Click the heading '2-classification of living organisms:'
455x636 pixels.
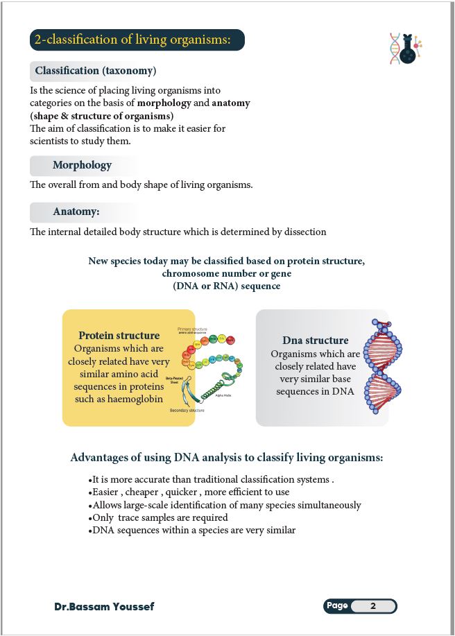click(137, 40)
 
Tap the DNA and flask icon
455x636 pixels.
click(406, 49)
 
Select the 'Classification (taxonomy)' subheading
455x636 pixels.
click(95, 71)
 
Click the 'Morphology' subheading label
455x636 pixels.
click(82, 165)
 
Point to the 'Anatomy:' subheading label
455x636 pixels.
click(76, 212)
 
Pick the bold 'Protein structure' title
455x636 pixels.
click(119, 336)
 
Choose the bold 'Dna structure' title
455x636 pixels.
click(315, 341)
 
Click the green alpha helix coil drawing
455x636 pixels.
click(215, 389)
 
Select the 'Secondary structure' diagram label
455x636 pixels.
click(187, 411)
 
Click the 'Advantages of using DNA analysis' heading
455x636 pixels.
click(227, 458)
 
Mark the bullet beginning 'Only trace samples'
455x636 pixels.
click(159, 517)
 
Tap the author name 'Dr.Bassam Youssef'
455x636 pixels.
click(104, 607)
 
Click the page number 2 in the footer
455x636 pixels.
click(372, 606)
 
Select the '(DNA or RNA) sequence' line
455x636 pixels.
click(226, 286)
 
